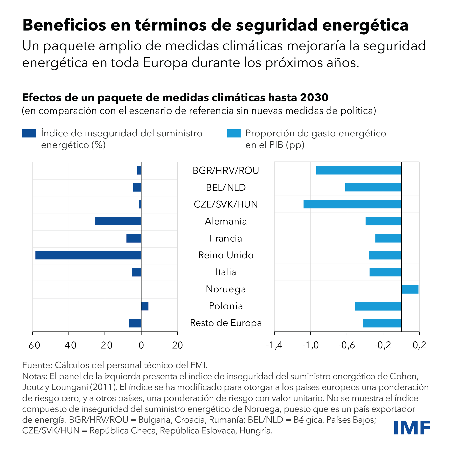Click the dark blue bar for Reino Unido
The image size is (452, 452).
point(88,255)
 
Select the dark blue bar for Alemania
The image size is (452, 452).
point(118,221)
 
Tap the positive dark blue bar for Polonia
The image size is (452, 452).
point(145,306)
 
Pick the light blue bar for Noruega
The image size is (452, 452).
point(410,289)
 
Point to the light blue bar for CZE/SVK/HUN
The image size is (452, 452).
point(352,204)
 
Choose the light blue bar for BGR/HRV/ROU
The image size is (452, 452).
point(358,170)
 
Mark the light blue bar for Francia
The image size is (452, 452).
point(388,238)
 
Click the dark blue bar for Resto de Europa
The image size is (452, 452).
point(135,323)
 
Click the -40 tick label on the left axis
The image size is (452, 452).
point(69,345)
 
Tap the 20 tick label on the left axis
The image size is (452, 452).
point(177,345)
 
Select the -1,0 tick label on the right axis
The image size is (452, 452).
point(310,345)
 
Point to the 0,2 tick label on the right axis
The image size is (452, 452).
point(419,345)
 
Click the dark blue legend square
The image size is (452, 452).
point(29,133)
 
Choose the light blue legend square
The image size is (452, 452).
point(234,133)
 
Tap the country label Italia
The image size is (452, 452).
point(226,272)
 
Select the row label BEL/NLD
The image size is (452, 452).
point(226,188)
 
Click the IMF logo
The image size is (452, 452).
point(412,428)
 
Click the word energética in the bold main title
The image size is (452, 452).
point(365,25)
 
